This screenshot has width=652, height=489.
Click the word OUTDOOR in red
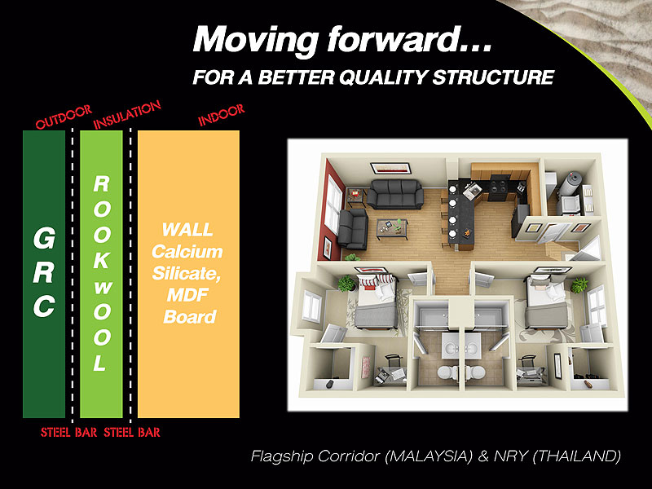pyautogui.click(x=64, y=117)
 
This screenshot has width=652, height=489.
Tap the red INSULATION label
pyautogui.click(x=127, y=115)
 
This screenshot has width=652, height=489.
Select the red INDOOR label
pyautogui.click(x=221, y=115)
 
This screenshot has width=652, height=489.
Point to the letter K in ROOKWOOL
pyautogui.click(x=101, y=260)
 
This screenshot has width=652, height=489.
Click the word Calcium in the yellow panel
pyautogui.click(x=187, y=252)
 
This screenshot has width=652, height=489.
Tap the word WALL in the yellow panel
pyautogui.click(x=187, y=230)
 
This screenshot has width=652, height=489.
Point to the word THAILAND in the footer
pyautogui.click(x=577, y=456)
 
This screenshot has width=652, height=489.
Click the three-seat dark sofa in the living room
pyautogui.click(x=395, y=193)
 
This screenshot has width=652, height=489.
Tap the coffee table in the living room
pyautogui.click(x=392, y=228)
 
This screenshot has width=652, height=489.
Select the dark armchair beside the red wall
pyautogui.click(x=353, y=229)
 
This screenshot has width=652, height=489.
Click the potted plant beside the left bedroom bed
pyautogui.click(x=346, y=283)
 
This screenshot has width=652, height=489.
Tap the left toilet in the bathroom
pyautogui.click(x=446, y=372)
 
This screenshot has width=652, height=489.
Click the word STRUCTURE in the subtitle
pyautogui.click(x=494, y=77)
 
